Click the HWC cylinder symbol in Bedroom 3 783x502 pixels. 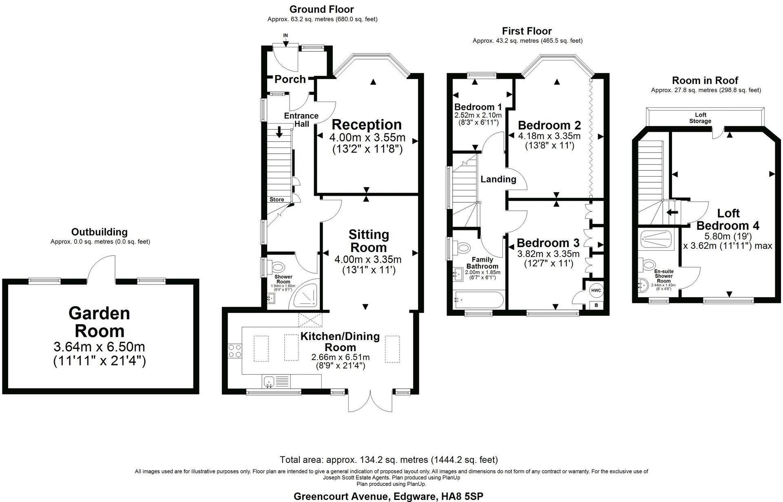click(595, 290)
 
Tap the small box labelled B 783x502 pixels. click(596, 305)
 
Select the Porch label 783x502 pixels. click(290, 79)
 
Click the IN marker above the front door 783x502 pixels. click(285, 35)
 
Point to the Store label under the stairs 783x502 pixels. click(276, 199)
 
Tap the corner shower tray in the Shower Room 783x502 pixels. click(306, 294)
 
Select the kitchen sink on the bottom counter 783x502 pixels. click(269, 382)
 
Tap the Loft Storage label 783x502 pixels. click(700, 118)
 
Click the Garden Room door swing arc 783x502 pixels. click(101, 269)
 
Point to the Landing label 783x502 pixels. click(498, 179)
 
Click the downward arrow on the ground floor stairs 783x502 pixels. click(280, 132)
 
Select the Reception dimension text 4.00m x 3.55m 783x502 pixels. click(367, 137)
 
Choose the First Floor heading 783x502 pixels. click(526, 31)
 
